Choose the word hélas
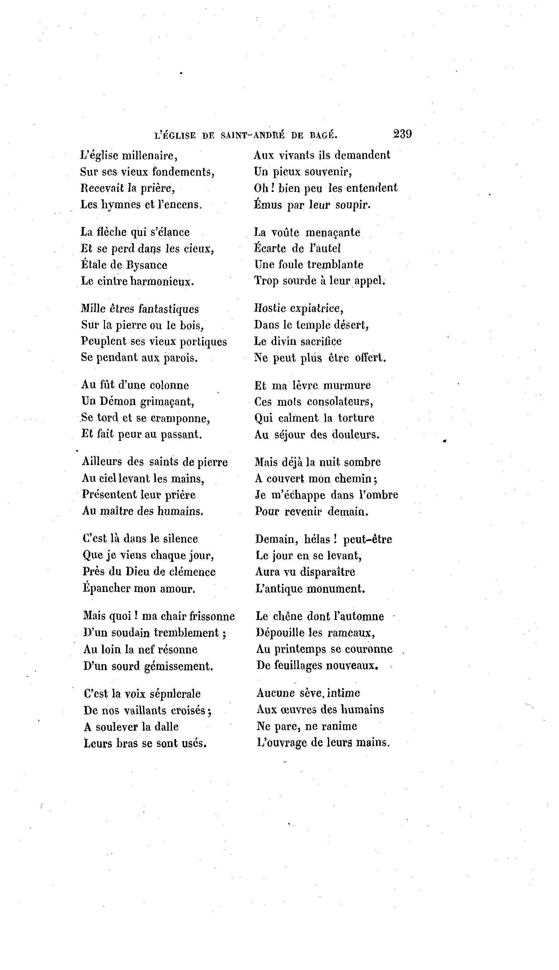click(317, 539)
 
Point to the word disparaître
click(327, 572)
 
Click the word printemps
click(297, 649)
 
